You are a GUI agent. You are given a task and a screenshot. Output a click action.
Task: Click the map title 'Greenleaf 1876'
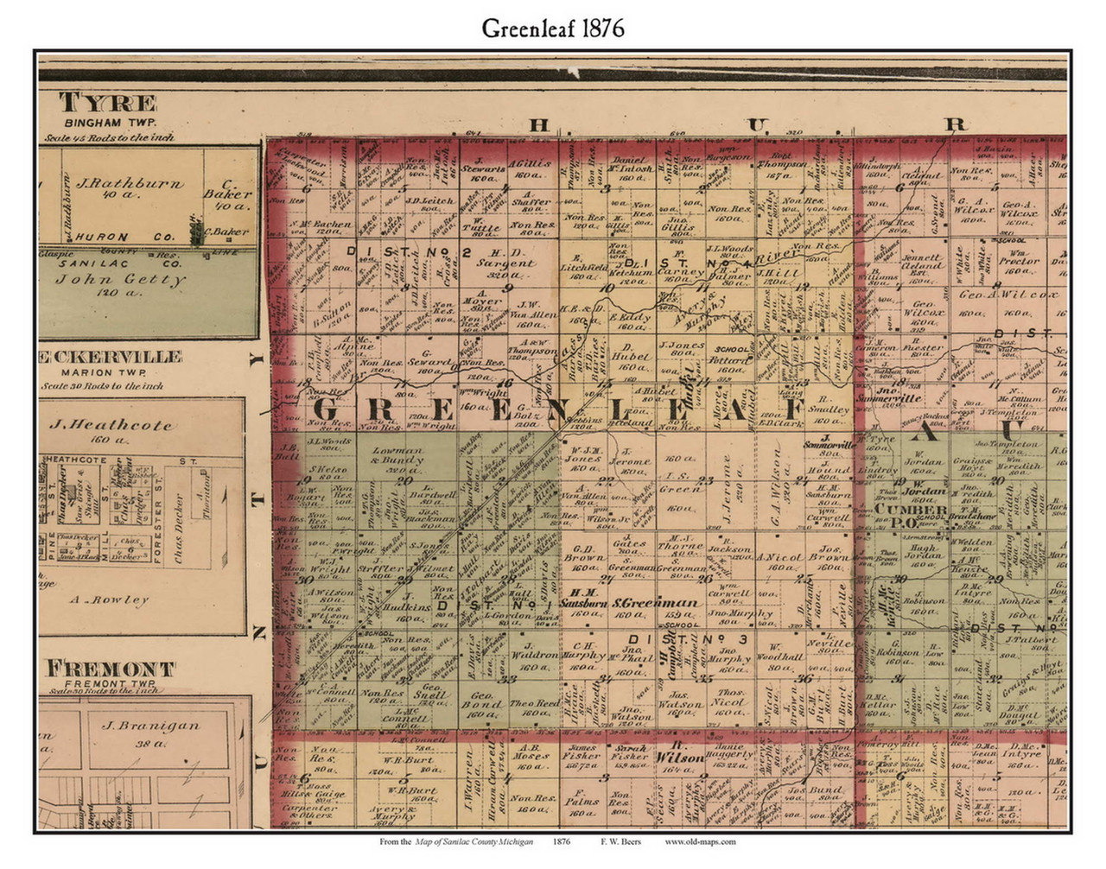coord(553,28)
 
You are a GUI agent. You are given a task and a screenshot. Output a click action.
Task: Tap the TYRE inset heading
coord(108,104)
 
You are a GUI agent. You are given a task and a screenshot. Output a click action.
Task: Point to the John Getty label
coord(119,279)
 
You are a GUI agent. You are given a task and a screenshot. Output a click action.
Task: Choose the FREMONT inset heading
coord(110,669)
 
